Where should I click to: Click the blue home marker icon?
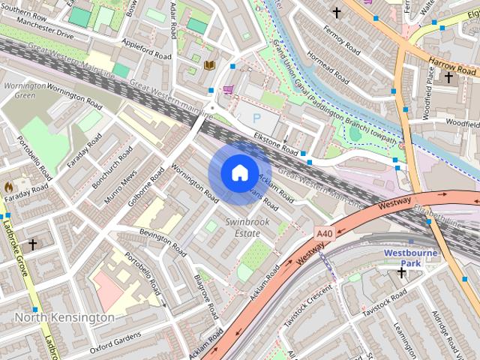tap(239, 173)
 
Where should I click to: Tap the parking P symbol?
tap(257, 118)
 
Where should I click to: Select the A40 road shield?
tap(324, 234)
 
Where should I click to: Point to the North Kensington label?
tap(64, 317)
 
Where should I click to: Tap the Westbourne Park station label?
tap(410, 258)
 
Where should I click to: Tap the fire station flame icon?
tap(9, 186)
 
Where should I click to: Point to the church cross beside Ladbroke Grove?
tap(32, 244)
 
